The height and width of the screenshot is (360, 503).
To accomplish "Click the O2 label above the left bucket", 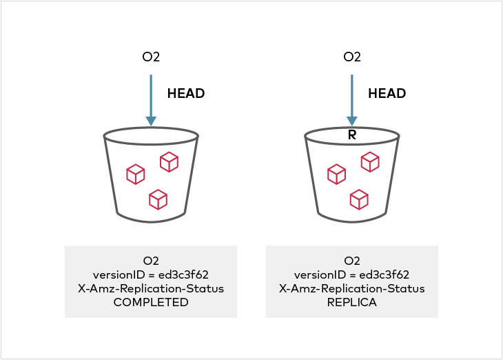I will coord(151,57).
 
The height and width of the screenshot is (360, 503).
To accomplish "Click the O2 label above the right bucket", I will coord(352,57).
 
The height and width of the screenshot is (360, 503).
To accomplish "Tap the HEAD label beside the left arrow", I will coord(186,94).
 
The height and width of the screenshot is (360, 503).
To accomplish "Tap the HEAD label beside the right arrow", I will coord(387,94).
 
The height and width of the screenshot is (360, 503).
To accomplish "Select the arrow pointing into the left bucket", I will coord(151,99).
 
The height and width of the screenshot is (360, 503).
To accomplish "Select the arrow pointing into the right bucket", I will coord(352,99).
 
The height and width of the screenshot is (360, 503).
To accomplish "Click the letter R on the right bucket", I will coord(351,135).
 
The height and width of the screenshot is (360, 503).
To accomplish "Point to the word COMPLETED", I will coord(151,302).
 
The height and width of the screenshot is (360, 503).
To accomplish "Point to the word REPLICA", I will coord(352,302).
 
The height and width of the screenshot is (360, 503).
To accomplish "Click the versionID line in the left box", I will coord(151,274).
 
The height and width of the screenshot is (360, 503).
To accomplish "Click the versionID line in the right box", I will coord(352,274).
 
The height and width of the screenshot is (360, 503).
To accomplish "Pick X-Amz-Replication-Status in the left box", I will coord(151,288).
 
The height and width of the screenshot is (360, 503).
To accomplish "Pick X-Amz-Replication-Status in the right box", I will coord(352,288).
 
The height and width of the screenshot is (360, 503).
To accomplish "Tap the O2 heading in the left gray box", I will coord(151,261).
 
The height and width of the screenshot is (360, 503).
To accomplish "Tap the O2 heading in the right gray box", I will coord(352,261).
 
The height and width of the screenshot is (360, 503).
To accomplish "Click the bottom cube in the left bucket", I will coord(158,199).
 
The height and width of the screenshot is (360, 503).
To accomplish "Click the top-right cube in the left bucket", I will coord(169,162).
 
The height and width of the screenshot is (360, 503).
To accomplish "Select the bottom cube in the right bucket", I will coord(359,199).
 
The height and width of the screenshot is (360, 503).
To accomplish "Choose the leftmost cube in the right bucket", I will coord(336,174).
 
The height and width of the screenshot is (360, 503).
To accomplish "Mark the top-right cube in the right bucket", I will coord(370,162).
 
